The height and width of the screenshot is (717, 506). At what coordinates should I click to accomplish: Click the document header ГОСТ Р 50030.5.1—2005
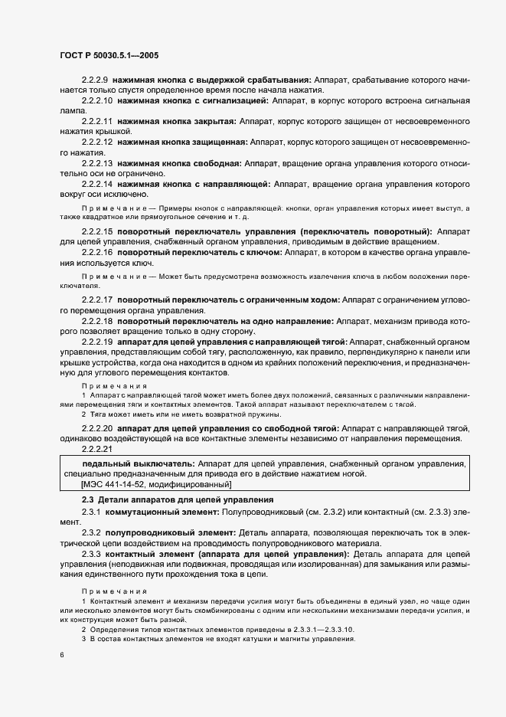click(108, 56)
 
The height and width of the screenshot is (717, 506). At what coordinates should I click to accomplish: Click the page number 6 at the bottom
click(60, 656)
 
